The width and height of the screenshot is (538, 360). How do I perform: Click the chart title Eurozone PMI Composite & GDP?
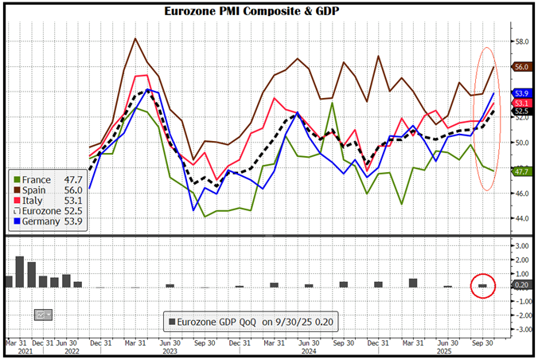click(x=268, y=12)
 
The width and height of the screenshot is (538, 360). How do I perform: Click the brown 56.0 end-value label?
click(x=522, y=68)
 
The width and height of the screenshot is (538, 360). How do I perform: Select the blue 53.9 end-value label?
click(x=522, y=94)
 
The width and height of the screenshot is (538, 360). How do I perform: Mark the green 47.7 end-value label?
click(x=522, y=171)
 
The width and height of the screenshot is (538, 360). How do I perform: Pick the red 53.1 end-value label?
click(x=522, y=104)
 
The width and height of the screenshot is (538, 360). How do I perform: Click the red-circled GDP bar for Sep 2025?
click(x=482, y=285)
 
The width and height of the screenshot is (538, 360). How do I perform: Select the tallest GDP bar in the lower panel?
click(x=20, y=272)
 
